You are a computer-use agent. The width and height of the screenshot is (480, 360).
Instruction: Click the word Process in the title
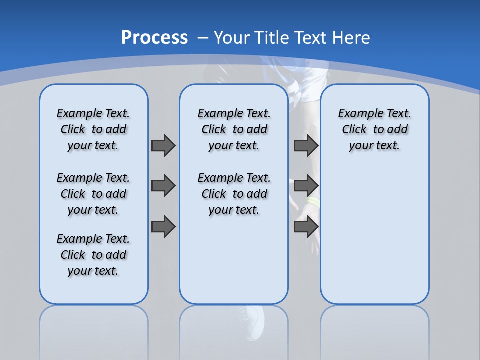pos(154,38)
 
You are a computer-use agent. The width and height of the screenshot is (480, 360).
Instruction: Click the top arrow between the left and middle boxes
pos(163,145)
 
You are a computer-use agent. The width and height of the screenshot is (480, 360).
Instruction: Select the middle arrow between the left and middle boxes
pos(163,186)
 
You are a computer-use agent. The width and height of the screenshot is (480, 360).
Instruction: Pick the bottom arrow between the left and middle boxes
pos(163,226)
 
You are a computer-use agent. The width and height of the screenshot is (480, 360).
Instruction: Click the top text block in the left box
pos(93,129)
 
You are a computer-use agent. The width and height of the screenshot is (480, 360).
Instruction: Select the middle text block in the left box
pos(93,194)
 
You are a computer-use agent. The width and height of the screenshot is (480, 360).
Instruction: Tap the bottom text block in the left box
pos(93,255)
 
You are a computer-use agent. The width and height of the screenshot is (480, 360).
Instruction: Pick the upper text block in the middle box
pos(234,129)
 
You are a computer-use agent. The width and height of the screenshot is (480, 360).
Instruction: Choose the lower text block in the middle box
pos(234,194)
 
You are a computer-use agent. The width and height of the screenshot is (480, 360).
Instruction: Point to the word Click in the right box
pos(354,130)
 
